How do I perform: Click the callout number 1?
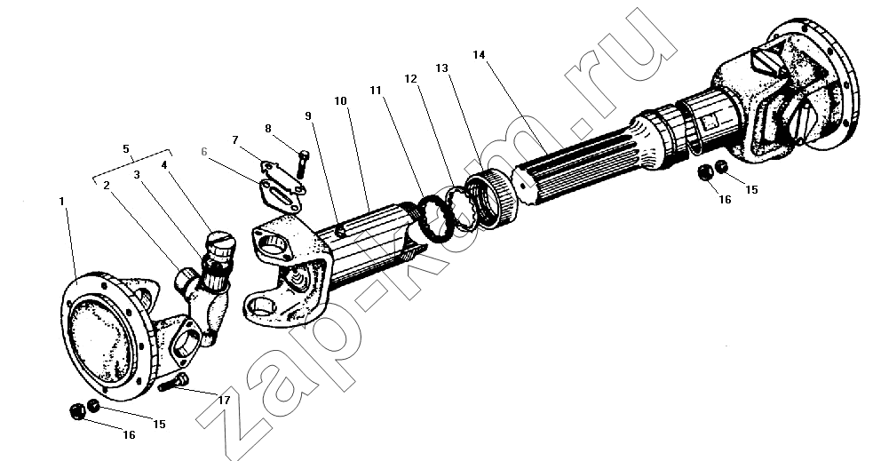coord(62,201)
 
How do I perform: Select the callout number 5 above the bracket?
coord(126,148)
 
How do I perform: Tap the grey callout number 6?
coord(203,152)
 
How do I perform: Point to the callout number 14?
coord(480,54)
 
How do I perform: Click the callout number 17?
coord(224,400)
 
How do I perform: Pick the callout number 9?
coord(308,115)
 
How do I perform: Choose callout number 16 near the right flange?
coord(725,199)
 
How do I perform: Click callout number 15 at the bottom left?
coord(159,425)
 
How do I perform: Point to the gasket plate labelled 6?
coord(280,195)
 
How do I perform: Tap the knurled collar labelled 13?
coord(492,200)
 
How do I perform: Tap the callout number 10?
coord(341,101)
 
